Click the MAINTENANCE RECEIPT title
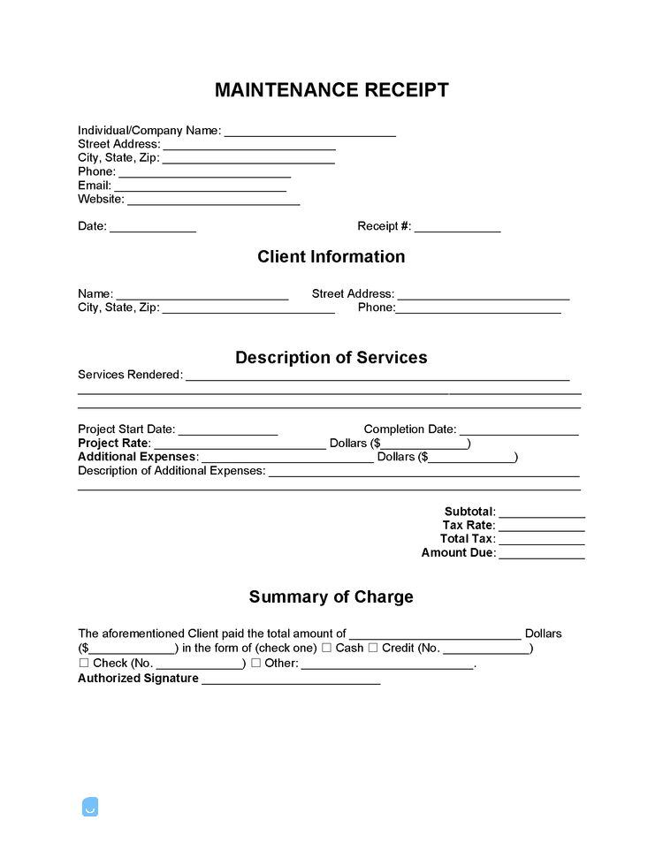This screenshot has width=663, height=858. click(x=331, y=90)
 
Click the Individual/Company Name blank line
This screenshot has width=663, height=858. click(x=309, y=132)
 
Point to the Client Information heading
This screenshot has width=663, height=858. click(x=331, y=257)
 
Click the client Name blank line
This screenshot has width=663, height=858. click(x=202, y=294)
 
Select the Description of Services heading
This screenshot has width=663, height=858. click(x=331, y=358)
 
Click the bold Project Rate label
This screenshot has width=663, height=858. click(x=114, y=444)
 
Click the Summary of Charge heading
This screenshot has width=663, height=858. click(x=331, y=597)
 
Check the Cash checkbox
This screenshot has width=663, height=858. click(x=326, y=649)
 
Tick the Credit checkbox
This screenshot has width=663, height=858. click(x=373, y=649)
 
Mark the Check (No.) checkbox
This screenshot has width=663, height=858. click(x=84, y=664)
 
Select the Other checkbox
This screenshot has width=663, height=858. click(x=255, y=664)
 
